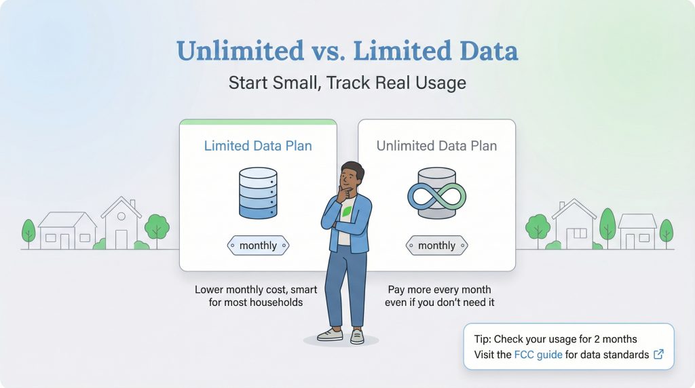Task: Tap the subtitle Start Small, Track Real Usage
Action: click(x=347, y=83)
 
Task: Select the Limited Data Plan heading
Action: click(x=258, y=146)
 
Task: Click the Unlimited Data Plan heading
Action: click(x=436, y=146)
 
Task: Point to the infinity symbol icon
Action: click(x=436, y=196)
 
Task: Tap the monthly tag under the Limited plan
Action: click(x=258, y=246)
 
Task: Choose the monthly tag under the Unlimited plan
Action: click(x=436, y=246)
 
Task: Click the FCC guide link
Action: click(x=538, y=354)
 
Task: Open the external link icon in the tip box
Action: click(x=658, y=354)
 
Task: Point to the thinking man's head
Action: click(x=352, y=178)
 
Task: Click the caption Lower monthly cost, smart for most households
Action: click(x=256, y=296)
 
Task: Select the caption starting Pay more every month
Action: click(x=439, y=296)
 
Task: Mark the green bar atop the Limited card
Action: click(x=258, y=122)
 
